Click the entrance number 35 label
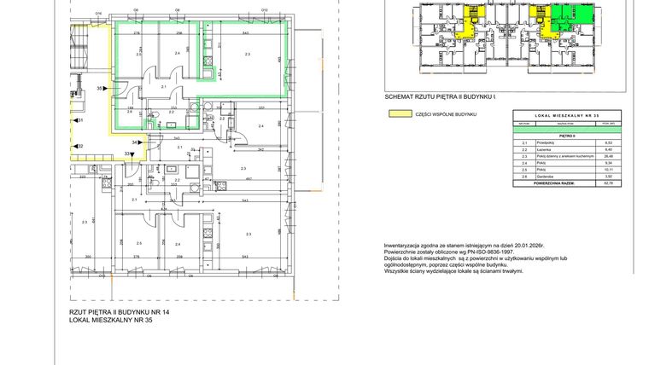99,89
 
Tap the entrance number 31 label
79,121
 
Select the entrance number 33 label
127,154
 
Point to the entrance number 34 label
134,142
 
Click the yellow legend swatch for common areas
395,113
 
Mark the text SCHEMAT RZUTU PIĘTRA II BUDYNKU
439,98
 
